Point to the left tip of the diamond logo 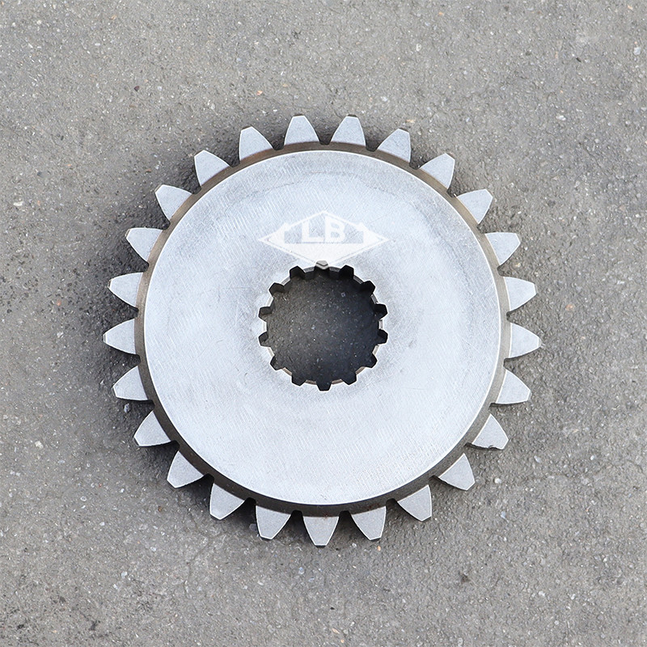coord(260,239)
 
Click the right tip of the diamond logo coord(387,239)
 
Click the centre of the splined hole coord(323,328)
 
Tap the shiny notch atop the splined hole coord(322,264)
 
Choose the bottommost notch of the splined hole coord(323,387)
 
